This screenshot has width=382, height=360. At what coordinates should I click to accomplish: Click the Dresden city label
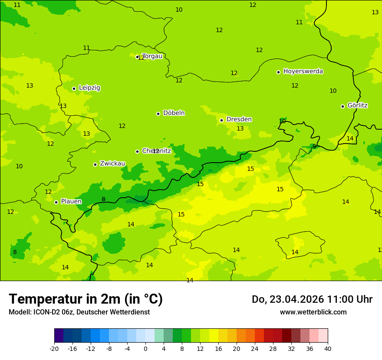tap(239, 119)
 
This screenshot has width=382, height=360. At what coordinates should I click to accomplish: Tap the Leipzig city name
tap(89, 88)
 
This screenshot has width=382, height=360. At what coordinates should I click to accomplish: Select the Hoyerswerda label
tap(303, 71)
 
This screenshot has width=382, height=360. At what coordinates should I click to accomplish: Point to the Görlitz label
tap(357, 105)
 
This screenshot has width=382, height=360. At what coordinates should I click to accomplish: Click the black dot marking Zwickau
tap(95, 164)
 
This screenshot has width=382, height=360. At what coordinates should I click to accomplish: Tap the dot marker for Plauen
tap(56, 202)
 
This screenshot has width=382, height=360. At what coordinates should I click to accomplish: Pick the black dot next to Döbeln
tap(158, 114)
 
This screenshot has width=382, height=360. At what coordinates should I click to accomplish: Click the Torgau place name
tap(152, 56)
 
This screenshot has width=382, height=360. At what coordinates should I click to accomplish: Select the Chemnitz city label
tap(157, 151)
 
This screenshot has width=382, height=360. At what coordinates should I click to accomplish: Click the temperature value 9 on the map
tap(314, 146)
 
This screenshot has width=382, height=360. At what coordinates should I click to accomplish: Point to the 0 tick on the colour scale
tap(145, 349)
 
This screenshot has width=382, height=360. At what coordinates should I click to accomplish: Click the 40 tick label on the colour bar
tap(328, 349)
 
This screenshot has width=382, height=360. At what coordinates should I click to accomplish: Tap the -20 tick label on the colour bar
tap(54, 349)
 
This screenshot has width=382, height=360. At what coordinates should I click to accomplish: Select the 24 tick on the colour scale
tap(255, 349)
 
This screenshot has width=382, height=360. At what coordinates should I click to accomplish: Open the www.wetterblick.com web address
tap(313, 312)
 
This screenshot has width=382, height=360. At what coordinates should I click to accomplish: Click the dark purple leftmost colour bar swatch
tap(59, 336)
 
